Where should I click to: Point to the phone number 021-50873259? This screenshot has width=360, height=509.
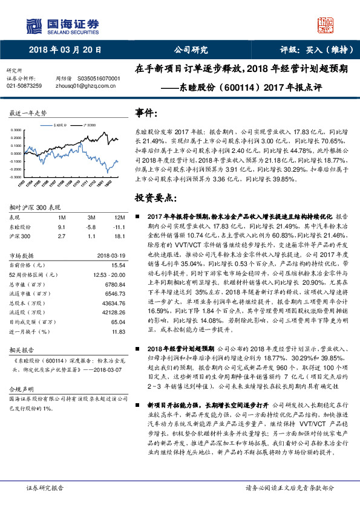pyautogui.click(x=24, y=86)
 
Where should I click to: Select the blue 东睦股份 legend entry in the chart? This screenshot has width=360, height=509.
pyautogui.click(x=59, y=123)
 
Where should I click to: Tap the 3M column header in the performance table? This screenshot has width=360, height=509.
pyautogui.click(x=93, y=216)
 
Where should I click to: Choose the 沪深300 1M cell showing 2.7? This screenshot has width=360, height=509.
pyautogui.click(x=62, y=237)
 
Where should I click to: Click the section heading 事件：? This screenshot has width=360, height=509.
pyautogui.click(x=147, y=114)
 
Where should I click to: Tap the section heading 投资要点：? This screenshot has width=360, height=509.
pyautogui.click(x=155, y=198)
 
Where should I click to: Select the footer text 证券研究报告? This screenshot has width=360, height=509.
pyautogui.click(x=46, y=487)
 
